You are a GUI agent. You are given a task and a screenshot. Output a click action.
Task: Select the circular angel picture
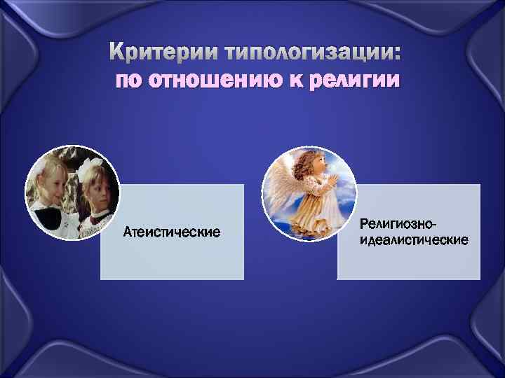[309, 192]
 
